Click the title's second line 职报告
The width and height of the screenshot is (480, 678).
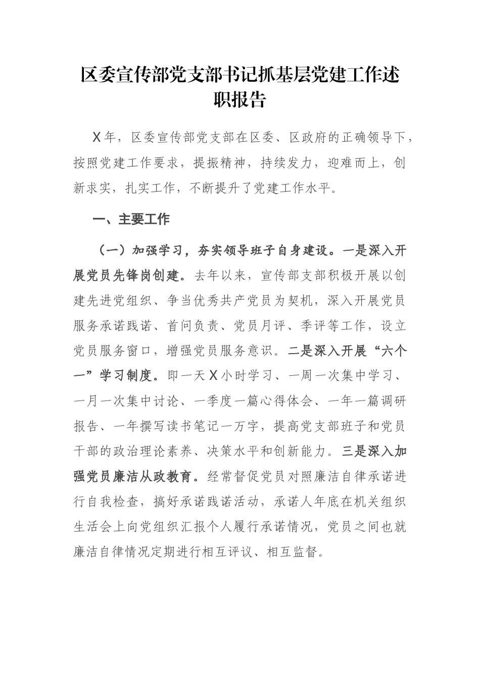coord(239,100)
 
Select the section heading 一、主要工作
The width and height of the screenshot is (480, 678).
coord(131,219)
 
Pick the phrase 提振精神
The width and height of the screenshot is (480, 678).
coord(219,163)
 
